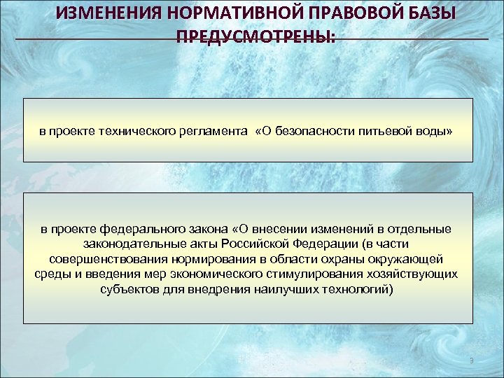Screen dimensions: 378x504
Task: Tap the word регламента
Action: click(x=217, y=131)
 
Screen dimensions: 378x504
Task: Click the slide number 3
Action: click(x=472, y=360)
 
